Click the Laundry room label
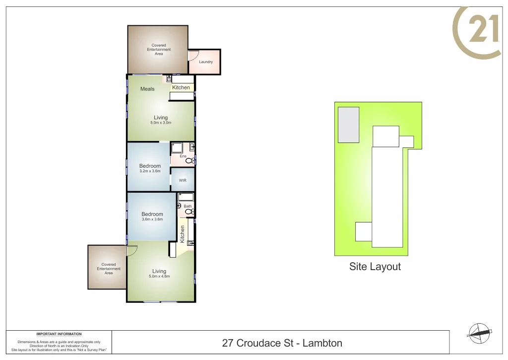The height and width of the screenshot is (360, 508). [206, 62]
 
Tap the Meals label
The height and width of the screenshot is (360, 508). [147, 89]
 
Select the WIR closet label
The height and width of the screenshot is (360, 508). [183, 180]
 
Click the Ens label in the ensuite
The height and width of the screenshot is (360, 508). [183, 156]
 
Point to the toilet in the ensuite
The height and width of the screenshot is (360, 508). [189, 161]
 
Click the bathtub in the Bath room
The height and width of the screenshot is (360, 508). [186, 197]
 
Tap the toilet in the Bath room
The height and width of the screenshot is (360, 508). [189, 212]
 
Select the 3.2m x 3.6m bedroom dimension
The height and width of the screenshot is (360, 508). [150, 171]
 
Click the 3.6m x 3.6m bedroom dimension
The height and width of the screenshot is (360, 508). [152, 219]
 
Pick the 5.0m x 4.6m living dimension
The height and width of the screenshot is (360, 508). [159, 276]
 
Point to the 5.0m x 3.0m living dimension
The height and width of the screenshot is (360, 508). [161, 123]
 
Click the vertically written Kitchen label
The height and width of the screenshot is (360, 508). [183, 234]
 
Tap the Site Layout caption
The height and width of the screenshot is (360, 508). [375, 267]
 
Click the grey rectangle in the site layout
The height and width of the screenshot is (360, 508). [349, 124]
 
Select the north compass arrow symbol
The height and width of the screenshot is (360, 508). [480, 333]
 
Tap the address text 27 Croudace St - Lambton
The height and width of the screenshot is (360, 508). [282, 343]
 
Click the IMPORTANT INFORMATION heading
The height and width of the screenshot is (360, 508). [59, 334]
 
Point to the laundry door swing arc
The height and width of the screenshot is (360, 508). [193, 55]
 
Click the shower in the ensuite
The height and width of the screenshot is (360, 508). [177, 147]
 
